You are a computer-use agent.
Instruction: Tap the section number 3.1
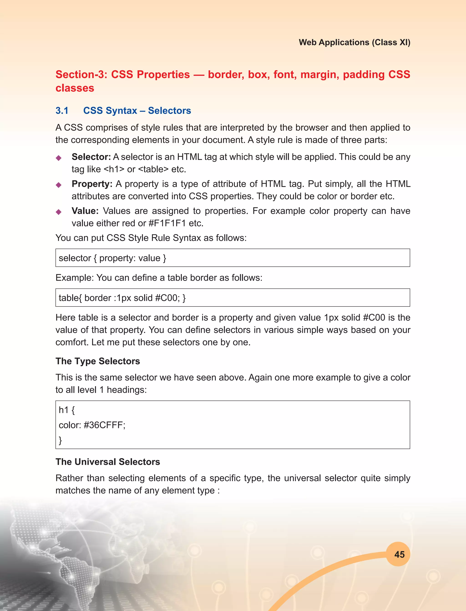62,110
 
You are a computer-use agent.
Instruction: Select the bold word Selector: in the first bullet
91,157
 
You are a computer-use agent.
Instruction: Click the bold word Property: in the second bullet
92,184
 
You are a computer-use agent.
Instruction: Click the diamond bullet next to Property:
58,185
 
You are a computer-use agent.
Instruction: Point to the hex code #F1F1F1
167,223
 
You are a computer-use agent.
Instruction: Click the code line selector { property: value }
112,258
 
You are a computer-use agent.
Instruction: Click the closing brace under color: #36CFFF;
60,440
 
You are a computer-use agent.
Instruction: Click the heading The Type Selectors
98,361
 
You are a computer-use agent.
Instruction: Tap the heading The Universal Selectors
108,462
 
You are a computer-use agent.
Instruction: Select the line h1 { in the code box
67,410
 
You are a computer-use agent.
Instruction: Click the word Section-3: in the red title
81,74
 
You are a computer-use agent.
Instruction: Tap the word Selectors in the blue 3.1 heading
169,110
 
